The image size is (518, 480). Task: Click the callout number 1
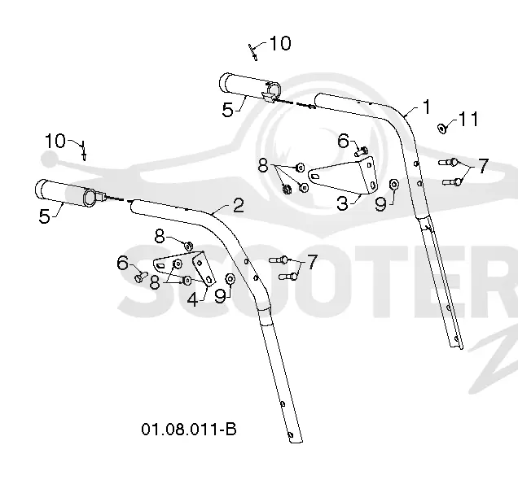(x=427, y=107)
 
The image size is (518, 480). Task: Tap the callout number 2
(x=238, y=205)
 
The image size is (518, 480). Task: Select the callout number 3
(x=343, y=203)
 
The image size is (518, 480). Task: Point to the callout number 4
(x=193, y=299)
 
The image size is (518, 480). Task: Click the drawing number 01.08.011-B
(x=189, y=430)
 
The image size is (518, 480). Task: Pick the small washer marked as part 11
(x=441, y=129)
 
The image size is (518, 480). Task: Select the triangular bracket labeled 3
(x=343, y=176)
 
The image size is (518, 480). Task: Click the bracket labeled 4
(x=186, y=267)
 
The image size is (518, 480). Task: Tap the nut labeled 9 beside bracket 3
(x=394, y=185)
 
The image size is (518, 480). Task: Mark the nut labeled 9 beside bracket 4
(x=230, y=279)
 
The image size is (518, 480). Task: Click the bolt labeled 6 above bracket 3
(x=361, y=151)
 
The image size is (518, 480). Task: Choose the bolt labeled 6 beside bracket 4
(x=141, y=277)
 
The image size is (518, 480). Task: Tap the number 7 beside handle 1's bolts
(x=483, y=166)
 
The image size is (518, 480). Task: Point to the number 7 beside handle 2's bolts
(x=312, y=262)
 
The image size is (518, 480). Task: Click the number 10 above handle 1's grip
(x=280, y=43)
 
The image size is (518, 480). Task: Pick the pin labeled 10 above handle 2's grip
(x=84, y=151)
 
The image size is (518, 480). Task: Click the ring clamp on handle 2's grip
(x=90, y=197)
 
